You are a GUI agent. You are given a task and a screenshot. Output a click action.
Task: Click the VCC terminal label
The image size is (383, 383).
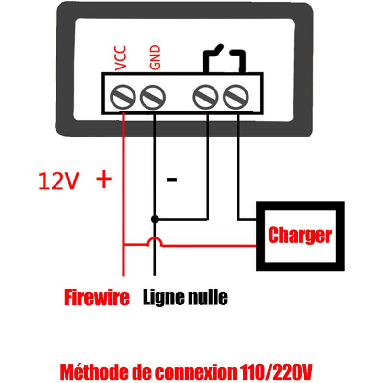pos(122,59)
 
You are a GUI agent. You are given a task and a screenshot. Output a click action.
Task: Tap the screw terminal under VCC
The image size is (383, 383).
pos(124,97)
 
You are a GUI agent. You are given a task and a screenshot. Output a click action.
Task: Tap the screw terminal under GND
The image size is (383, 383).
pos(153,97)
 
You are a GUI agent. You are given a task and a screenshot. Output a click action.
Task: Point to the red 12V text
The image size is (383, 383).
pos(57,181)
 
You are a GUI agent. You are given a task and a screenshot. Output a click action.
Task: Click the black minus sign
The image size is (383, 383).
pos(171,180)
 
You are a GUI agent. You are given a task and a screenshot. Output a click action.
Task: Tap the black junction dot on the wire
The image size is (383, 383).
pos(154,219)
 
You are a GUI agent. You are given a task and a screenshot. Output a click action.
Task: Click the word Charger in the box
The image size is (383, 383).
pos(300,235)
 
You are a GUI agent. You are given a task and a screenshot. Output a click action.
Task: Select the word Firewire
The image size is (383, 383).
pos(97,298)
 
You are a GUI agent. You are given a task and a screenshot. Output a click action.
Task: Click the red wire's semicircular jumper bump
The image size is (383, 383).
pos(154,242)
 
